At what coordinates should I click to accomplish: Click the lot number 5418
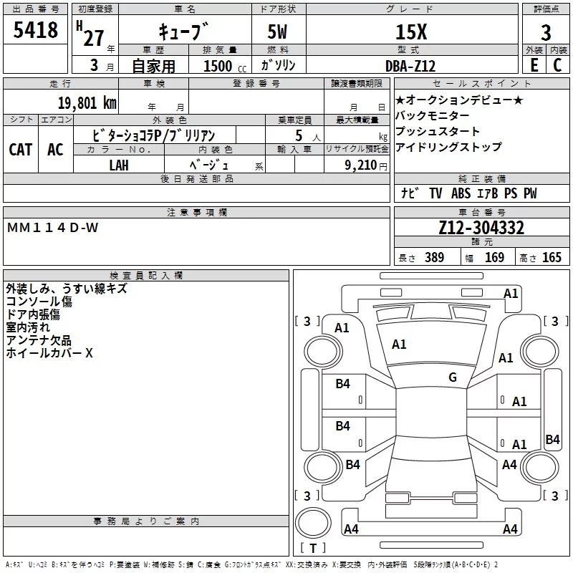(x=37, y=31)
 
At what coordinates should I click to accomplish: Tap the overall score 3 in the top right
(x=546, y=32)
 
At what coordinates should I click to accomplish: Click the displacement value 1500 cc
(x=218, y=66)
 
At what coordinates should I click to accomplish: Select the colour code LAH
(x=119, y=165)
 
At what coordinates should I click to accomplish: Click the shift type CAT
(x=21, y=149)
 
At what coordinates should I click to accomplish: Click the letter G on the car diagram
(x=452, y=377)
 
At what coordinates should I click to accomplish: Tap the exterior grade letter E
(x=534, y=65)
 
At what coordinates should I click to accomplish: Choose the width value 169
(x=494, y=258)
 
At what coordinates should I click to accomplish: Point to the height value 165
(x=552, y=258)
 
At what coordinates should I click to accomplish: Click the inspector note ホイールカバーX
(x=49, y=353)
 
